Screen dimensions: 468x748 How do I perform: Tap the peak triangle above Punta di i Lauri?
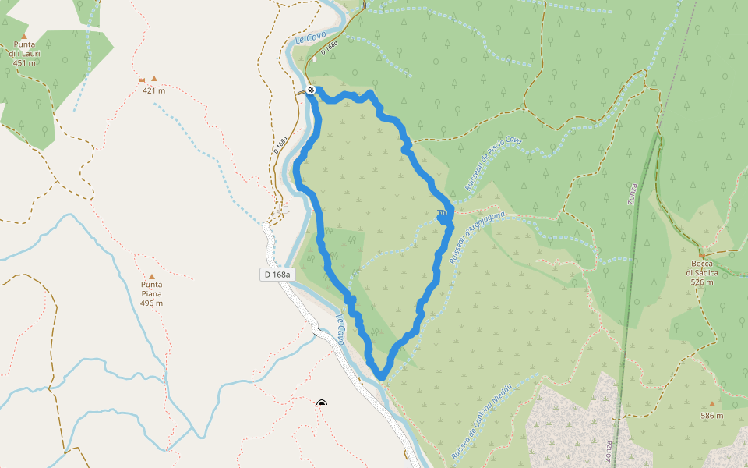click(x=24, y=36)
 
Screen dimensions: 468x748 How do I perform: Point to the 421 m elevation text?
click(x=153, y=90)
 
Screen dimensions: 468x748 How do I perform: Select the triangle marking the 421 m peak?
click(x=154, y=79)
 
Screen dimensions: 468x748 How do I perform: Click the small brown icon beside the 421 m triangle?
click(x=141, y=80)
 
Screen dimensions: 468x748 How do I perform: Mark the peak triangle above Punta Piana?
click(x=152, y=276)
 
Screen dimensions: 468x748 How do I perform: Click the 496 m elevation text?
click(x=152, y=303)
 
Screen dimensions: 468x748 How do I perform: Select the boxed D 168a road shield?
click(x=277, y=275)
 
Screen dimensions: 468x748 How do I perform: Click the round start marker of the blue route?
click(x=311, y=90)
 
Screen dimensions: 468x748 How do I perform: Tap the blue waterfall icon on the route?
click(x=442, y=214)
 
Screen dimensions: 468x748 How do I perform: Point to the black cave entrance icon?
click(x=322, y=403)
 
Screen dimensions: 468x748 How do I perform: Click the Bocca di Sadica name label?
click(x=701, y=268)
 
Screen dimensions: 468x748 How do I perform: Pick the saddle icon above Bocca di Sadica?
click(x=701, y=254)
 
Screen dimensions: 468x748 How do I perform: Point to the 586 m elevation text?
click(x=711, y=416)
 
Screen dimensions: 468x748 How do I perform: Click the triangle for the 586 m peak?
click(x=711, y=404)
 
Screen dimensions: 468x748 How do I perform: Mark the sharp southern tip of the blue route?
click(x=382, y=378)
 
